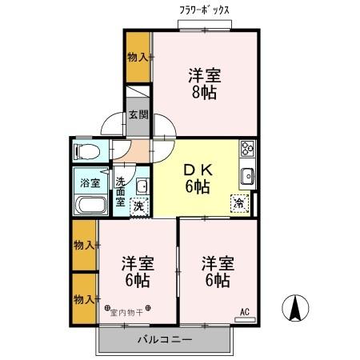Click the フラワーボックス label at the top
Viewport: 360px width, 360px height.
pos(204,10)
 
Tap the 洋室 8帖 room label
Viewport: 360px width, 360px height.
pos(204,82)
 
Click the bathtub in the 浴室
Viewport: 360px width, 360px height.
pos(90,204)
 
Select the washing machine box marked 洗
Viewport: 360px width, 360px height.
pos(138,206)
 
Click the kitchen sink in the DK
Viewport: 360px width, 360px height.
pos(247,177)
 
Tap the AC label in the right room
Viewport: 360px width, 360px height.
pos(245,313)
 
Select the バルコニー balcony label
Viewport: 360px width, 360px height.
pos(164,339)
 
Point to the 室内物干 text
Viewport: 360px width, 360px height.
pos(128,314)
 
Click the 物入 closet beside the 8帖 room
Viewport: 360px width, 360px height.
pos(138,57)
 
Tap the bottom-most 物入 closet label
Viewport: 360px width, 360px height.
pos(84,298)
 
